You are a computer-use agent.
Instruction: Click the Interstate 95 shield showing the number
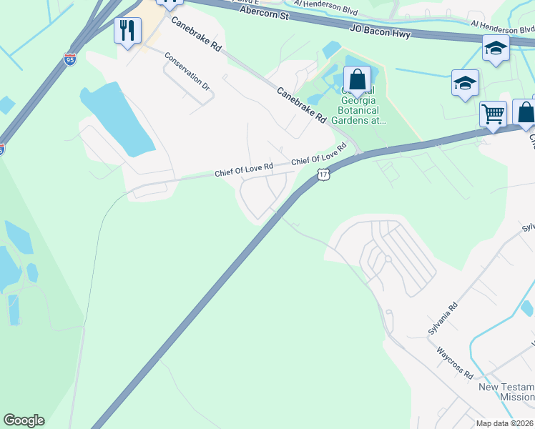pyautogui.click(x=69, y=58)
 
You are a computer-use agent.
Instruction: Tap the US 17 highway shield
pyautogui.click(x=323, y=174)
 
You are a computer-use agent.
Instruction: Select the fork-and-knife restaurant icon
pyautogui.click(x=127, y=31)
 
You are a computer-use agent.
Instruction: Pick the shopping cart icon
pyautogui.click(x=492, y=113)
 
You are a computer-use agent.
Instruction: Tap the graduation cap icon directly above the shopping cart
pyautogui.click(x=495, y=49)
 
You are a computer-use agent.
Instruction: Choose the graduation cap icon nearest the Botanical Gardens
pyautogui.click(x=464, y=83)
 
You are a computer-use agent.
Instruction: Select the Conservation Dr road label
pyautogui.click(x=187, y=71)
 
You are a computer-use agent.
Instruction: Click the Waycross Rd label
pyautogui.click(x=454, y=363)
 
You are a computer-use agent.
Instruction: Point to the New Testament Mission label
pyautogui.click(x=506, y=392)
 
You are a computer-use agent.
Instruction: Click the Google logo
pyautogui.click(x=24, y=420)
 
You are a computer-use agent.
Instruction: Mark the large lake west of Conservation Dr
pyautogui.click(x=118, y=119)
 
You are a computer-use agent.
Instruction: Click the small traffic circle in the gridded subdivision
pyautogui.click(x=386, y=258)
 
